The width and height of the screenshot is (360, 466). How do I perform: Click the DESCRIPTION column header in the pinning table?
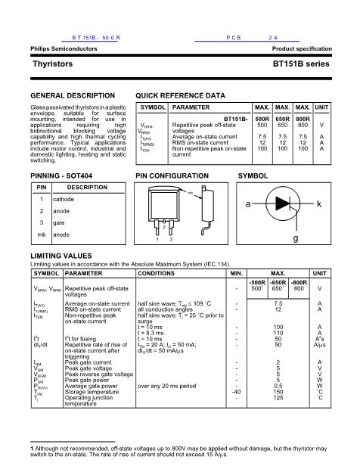pos(87,187)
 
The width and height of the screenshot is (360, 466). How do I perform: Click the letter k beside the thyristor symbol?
pos(319,205)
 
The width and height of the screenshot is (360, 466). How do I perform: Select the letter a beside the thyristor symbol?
pos(247,205)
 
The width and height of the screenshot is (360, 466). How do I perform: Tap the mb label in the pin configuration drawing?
pos(191,194)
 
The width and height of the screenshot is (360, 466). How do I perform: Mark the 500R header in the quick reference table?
pos(262,119)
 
